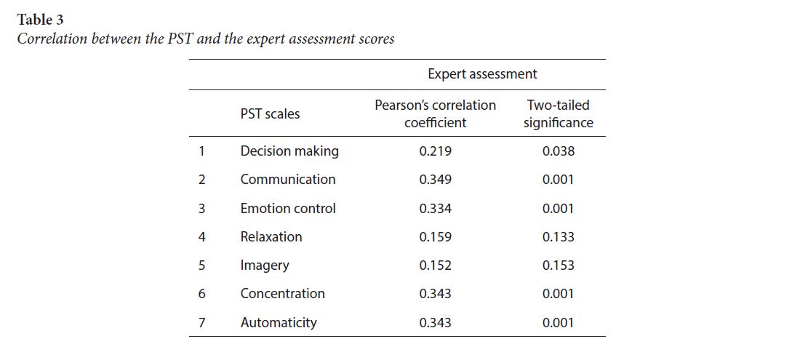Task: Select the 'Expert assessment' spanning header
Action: pyautogui.click(x=482, y=74)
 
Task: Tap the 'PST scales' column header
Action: pyautogui.click(x=270, y=113)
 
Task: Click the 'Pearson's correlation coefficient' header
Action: pyautogui.click(x=435, y=114)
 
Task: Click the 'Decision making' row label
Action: pyautogui.click(x=289, y=151)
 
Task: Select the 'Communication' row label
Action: pyautogui.click(x=288, y=180)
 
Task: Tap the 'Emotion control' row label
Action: pyautogui.click(x=288, y=209)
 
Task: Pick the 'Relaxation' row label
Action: pyautogui.click(x=271, y=237)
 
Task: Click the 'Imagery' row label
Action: pyautogui.click(x=265, y=265)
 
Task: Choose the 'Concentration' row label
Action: pyautogui.click(x=282, y=294)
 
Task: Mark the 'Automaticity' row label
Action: pyautogui.click(x=279, y=323)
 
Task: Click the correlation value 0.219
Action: pyautogui.click(x=435, y=151)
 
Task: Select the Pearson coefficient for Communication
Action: pyautogui.click(x=435, y=180)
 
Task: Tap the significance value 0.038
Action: pyautogui.click(x=558, y=151)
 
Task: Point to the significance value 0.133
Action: pyautogui.click(x=558, y=237)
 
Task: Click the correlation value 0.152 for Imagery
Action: pyautogui.click(x=435, y=265)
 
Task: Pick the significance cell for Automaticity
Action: pyautogui.click(x=558, y=323)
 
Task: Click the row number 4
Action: pyautogui.click(x=201, y=237)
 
